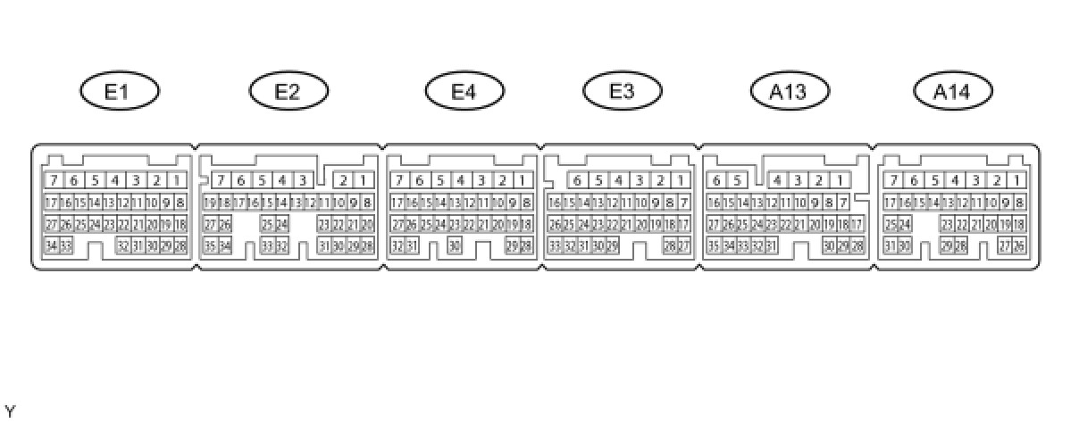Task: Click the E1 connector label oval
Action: click(x=120, y=91)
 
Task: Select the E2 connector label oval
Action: click(x=289, y=91)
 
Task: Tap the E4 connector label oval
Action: click(x=464, y=91)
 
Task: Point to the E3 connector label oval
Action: click(x=623, y=91)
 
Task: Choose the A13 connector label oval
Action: click(x=790, y=91)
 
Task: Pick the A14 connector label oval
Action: click(x=953, y=91)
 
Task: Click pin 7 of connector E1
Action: click(x=54, y=180)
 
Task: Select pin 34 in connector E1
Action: click(x=51, y=245)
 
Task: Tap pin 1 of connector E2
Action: click(x=364, y=180)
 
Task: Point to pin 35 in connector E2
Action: click(x=210, y=245)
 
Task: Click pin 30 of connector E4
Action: click(x=455, y=245)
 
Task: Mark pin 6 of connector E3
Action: click(x=577, y=180)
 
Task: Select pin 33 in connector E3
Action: click(x=555, y=245)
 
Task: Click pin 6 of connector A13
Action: click(x=715, y=180)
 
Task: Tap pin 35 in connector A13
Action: click(x=713, y=245)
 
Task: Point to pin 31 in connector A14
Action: click(x=891, y=245)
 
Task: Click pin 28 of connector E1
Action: click(x=180, y=245)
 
